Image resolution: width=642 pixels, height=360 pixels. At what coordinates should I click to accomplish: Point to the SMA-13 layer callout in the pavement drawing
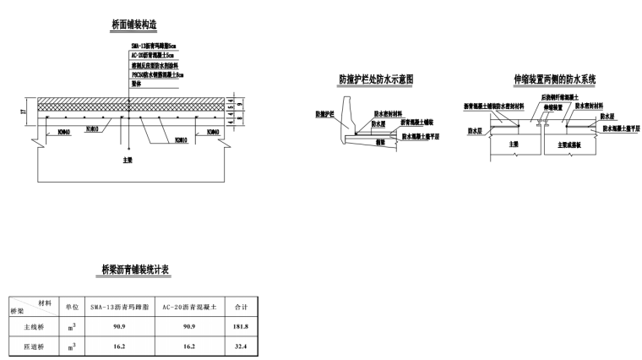153,44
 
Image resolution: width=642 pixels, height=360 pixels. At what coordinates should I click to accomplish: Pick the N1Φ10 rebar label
94,130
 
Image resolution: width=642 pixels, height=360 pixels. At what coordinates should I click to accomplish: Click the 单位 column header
73,307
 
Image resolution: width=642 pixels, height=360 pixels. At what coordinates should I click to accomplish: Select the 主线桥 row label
32,326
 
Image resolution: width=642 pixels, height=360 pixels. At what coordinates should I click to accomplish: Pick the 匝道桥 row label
32,346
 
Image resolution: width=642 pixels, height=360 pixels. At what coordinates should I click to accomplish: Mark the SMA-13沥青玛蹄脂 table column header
119,307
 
